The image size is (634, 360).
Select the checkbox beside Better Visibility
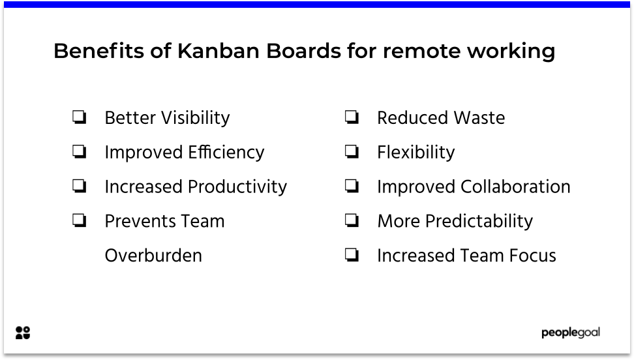(x=80, y=118)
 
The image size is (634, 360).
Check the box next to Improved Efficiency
(x=80, y=152)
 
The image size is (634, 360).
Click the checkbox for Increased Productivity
(x=80, y=187)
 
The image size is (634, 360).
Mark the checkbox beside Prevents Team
(x=80, y=221)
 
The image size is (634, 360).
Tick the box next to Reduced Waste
(x=352, y=118)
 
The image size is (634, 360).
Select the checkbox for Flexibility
(x=352, y=152)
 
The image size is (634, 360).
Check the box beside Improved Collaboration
(x=352, y=187)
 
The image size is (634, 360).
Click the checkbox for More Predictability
(x=352, y=221)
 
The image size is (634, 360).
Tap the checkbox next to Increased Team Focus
(x=352, y=256)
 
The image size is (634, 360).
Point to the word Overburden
(x=153, y=256)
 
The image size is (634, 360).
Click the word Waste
(x=481, y=118)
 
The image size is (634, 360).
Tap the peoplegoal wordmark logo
(x=570, y=333)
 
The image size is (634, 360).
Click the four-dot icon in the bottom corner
(x=23, y=333)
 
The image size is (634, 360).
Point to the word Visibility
(x=195, y=118)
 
